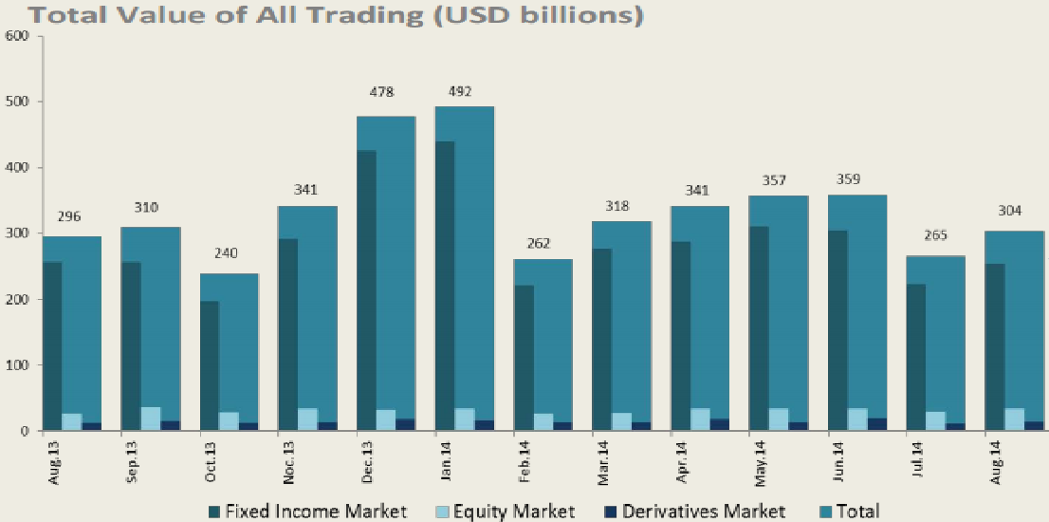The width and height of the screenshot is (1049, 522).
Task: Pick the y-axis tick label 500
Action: [x=18, y=102]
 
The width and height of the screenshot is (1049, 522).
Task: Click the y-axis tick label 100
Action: [x=18, y=365]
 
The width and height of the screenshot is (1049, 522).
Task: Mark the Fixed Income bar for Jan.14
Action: [x=444, y=285]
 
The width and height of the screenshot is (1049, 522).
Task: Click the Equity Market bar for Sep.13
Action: [x=150, y=419]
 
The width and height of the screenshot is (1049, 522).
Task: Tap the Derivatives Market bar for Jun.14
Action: [x=876, y=424]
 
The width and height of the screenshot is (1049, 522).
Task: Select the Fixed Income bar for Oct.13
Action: [x=209, y=365]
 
